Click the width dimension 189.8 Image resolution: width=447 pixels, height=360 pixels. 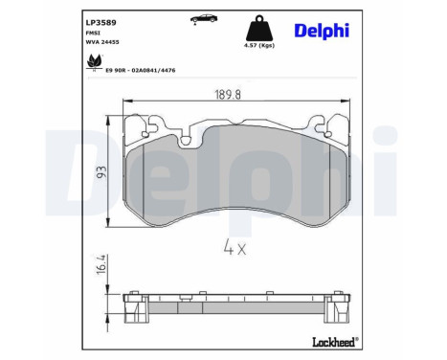(x=223, y=94)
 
